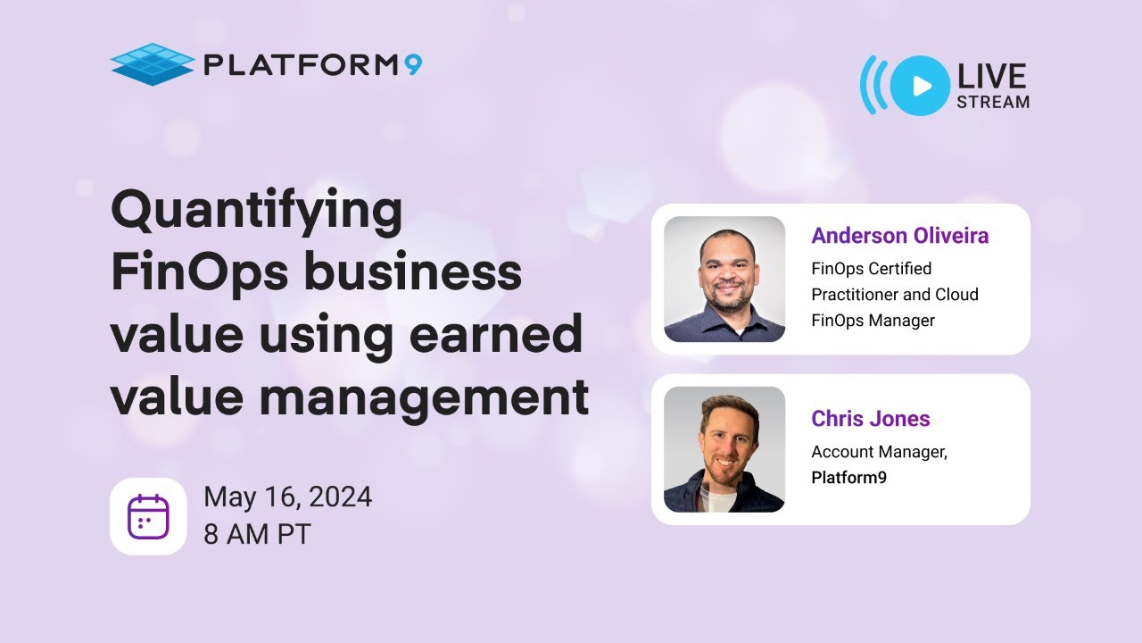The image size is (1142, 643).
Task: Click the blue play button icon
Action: tap(920, 86)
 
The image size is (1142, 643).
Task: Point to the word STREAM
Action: tap(993, 102)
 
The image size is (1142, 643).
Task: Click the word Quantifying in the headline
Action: tap(257, 212)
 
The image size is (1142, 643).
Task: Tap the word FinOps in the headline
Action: tap(197, 272)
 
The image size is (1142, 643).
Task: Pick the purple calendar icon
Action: tap(148, 516)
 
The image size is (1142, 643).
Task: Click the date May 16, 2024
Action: tap(287, 497)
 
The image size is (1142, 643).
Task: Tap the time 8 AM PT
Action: tap(258, 534)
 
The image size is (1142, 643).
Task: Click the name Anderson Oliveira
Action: tap(899, 236)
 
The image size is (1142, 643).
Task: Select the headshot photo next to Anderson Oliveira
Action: tap(724, 279)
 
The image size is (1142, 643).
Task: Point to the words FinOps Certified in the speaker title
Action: tap(871, 269)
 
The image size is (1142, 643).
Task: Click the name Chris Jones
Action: tap(870, 418)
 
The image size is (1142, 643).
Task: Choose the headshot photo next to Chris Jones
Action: tap(724, 449)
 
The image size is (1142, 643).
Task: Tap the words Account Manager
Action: tap(878, 452)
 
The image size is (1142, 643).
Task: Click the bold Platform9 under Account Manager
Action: tap(848, 478)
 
